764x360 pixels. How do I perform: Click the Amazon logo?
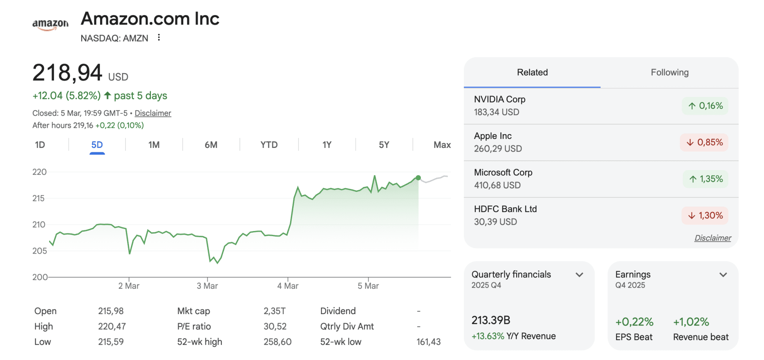[x=50, y=25]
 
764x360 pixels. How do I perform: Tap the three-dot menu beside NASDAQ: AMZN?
[x=159, y=38]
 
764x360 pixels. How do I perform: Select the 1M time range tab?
[x=154, y=145]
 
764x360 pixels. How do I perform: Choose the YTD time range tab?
[x=269, y=145]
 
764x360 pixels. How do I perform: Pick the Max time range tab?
[x=442, y=145]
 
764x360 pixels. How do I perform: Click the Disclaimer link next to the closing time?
[x=153, y=113]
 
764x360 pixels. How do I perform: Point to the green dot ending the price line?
[x=418, y=178]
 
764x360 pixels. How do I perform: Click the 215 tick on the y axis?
[x=39, y=198]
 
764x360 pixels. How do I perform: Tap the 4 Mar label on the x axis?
[x=288, y=286]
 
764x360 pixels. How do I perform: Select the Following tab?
[x=669, y=72]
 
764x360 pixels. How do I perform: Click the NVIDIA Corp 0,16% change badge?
[x=705, y=106]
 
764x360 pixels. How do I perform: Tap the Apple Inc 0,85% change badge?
[x=704, y=142]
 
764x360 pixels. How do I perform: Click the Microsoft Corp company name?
[x=503, y=172]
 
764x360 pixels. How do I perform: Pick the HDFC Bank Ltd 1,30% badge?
[x=705, y=216]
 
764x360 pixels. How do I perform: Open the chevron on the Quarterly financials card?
[x=580, y=275]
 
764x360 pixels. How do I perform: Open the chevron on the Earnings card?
[x=723, y=275]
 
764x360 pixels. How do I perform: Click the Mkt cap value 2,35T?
[x=275, y=311]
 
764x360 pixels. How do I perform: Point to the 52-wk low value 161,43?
[x=428, y=342]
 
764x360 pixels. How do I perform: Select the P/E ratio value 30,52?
[x=275, y=327]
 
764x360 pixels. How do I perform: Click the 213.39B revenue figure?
[x=491, y=320]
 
